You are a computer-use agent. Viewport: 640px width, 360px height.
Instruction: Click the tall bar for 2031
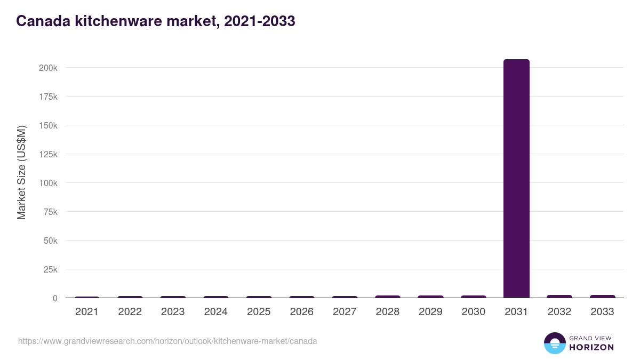click(516, 178)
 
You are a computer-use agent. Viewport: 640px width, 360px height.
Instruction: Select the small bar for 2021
click(87, 297)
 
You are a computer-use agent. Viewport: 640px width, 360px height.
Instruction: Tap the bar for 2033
click(602, 296)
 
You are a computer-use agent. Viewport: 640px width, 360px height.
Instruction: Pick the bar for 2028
click(387, 297)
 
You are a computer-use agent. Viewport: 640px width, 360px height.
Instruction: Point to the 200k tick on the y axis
click(48, 68)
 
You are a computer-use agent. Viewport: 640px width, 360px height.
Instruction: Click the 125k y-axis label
click(48, 154)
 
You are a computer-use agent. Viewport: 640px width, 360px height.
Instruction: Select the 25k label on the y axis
click(50, 269)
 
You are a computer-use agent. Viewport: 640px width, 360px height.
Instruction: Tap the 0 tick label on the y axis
click(54, 298)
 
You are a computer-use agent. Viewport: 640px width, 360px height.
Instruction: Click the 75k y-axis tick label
click(50, 212)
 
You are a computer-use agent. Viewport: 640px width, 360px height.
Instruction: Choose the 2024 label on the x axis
click(215, 312)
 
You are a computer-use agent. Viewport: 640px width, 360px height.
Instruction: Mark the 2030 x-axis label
click(473, 312)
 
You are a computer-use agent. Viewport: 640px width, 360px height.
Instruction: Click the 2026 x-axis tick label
click(301, 312)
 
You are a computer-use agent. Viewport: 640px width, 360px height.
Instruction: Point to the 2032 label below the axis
click(559, 312)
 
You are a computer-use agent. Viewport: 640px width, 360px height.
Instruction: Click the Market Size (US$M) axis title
click(21, 172)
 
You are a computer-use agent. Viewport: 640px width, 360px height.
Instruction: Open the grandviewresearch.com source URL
click(167, 341)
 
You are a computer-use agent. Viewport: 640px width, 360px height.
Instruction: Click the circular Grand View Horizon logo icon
click(554, 343)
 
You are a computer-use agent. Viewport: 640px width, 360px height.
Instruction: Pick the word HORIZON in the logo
click(591, 347)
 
